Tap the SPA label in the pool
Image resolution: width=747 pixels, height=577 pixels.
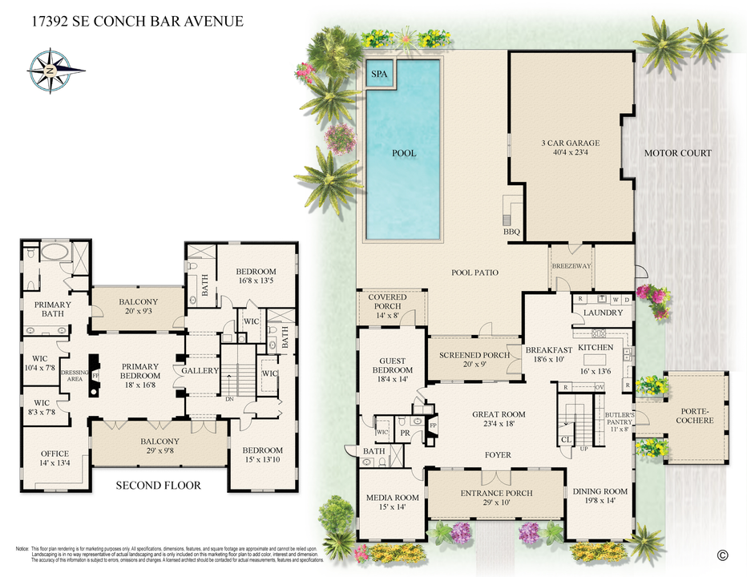tap(379, 75)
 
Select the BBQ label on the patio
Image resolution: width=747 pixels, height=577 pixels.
tap(511, 232)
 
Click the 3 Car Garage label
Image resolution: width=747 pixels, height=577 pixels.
tap(571, 143)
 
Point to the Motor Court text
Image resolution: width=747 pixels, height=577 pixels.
tap(678, 153)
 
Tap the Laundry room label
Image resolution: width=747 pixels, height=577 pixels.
tap(603, 313)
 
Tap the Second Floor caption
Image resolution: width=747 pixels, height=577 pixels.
tap(159, 485)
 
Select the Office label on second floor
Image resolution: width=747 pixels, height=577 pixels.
tap(55, 454)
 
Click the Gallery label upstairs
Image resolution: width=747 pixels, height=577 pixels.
tap(200, 370)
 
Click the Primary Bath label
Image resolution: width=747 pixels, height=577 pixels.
tap(52, 309)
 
